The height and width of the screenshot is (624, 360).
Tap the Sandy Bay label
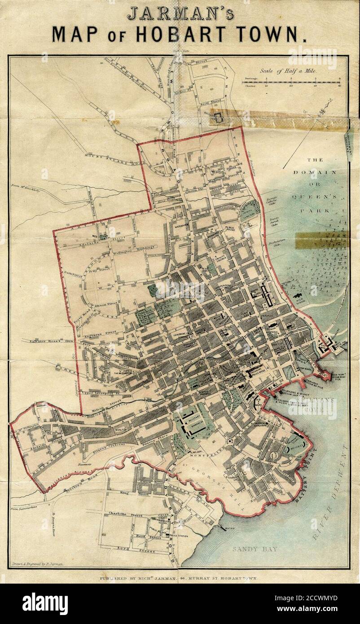pyautogui.click(x=255, y=549)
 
